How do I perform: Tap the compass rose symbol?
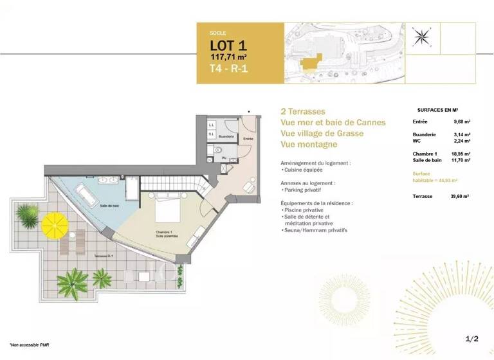point(423,37)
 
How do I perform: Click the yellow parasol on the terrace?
point(55,226)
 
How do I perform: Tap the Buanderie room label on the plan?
point(226,136)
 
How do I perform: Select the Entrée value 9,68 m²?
point(462,122)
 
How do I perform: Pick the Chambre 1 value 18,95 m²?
point(461,154)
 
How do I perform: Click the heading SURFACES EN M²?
point(441,110)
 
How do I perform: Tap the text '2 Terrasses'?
point(303,111)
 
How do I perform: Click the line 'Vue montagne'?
point(309,145)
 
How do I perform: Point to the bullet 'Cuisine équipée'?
point(303,170)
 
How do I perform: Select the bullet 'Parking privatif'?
point(303,190)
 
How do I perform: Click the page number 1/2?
point(472,338)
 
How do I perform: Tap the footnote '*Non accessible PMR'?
point(28,346)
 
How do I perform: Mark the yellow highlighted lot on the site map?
point(313,62)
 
